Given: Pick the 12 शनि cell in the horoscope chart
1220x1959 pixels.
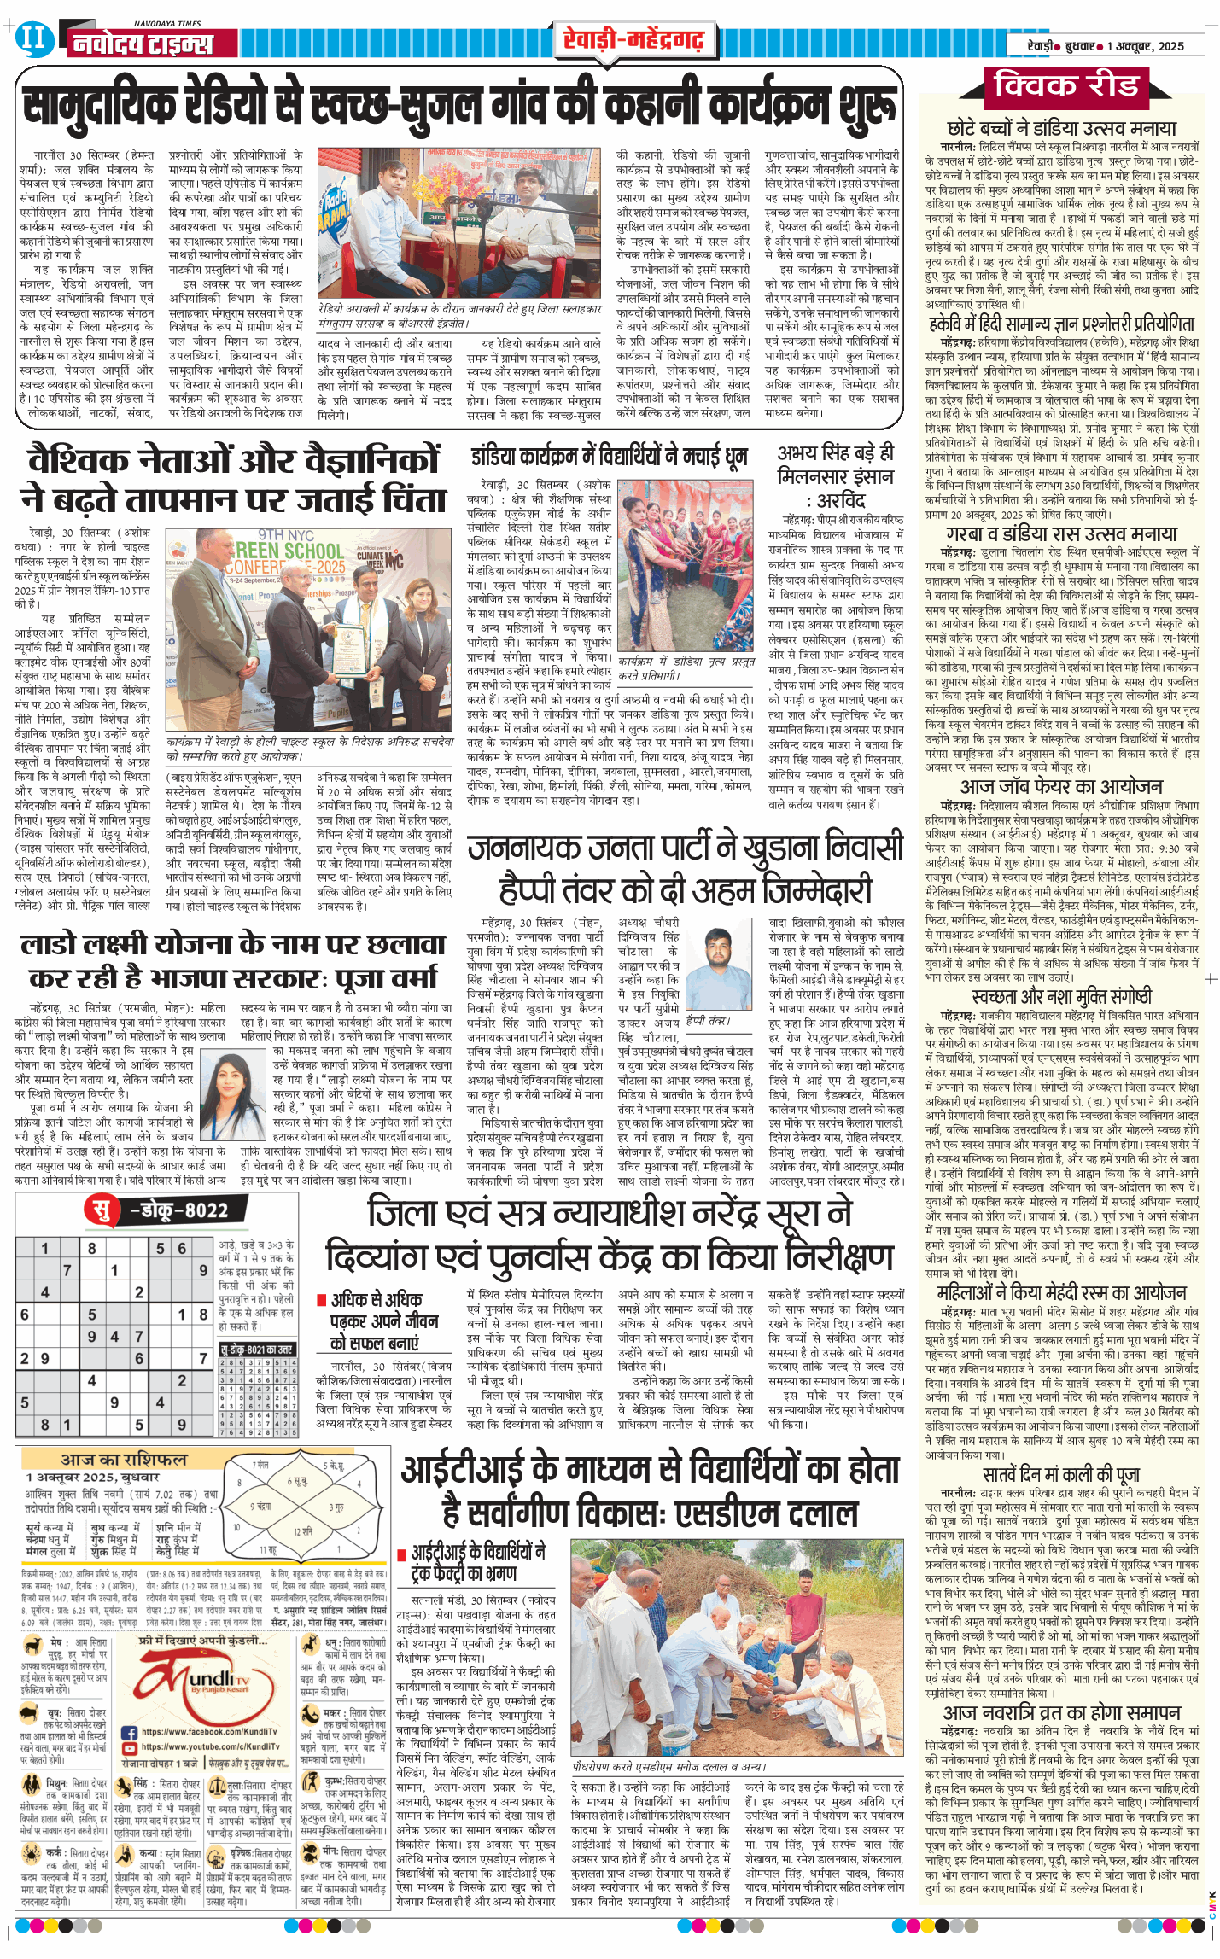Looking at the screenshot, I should pyautogui.click(x=302, y=1530).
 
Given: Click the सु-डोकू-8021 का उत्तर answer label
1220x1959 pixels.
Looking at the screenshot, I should pyautogui.click(x=257, y=1350).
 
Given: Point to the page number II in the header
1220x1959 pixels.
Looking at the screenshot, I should pyautogui.click(x=34, y=38).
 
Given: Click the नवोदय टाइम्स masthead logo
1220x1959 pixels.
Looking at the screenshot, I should pyautogui.click(x=141, y=43).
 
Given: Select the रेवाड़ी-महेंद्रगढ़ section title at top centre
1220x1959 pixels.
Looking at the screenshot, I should pyautogui.click(x=633, y=39).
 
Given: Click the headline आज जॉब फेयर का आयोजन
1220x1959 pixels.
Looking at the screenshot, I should pyautogui.click(x=1060, y=786).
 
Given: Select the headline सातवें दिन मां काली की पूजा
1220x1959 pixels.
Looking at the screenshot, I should pyautogui.click(x=1060, y=1474).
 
